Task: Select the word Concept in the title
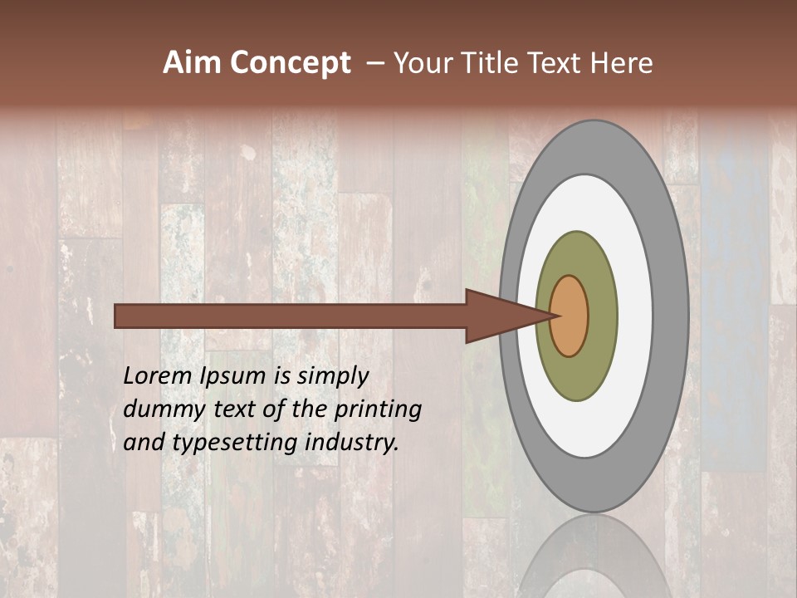pyautogui.click(x=291, y=63)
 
